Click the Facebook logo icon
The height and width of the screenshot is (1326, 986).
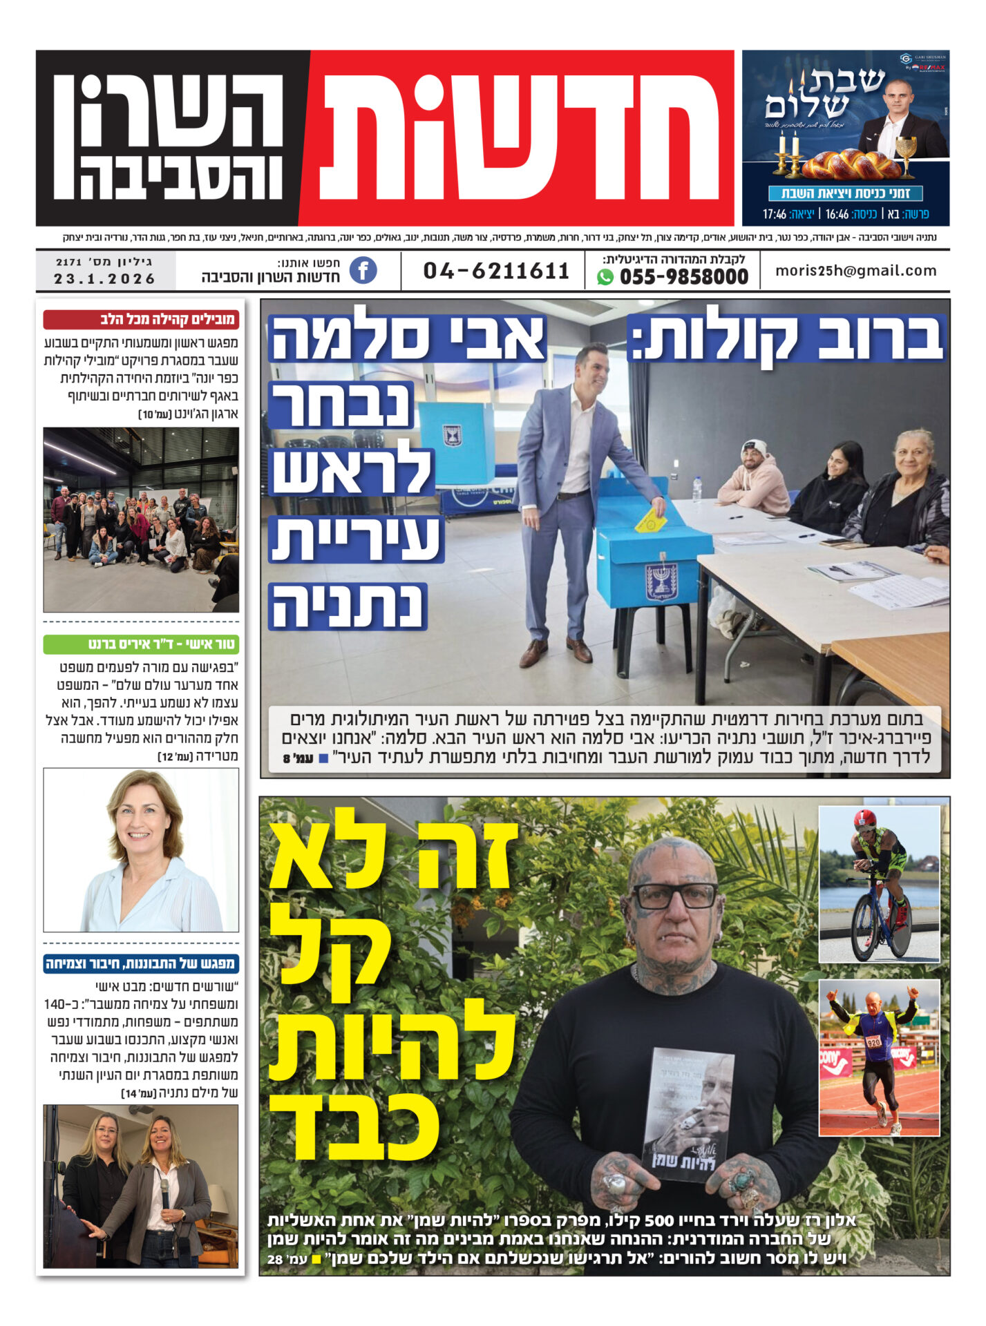pos(363,270)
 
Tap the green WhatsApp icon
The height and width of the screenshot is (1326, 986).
pos(605,277)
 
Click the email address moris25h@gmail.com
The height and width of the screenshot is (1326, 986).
pos(855,271)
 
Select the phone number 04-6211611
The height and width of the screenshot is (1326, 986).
pos(496,271)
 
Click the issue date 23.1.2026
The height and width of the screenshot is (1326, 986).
pos(105,279)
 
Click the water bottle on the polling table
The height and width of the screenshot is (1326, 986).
pos(696,488)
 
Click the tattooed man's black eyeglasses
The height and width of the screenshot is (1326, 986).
pos(674,896)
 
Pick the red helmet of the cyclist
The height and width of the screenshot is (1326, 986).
pos(864,818)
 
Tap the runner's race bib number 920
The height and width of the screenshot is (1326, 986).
pos(873,1041)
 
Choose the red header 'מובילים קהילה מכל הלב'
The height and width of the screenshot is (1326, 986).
pos(141,319)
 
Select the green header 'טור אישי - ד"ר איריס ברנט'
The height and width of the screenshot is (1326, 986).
pos(141,644)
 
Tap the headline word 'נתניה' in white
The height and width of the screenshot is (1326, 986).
pos(347,606)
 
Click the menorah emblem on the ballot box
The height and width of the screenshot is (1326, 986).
pos(661,580)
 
